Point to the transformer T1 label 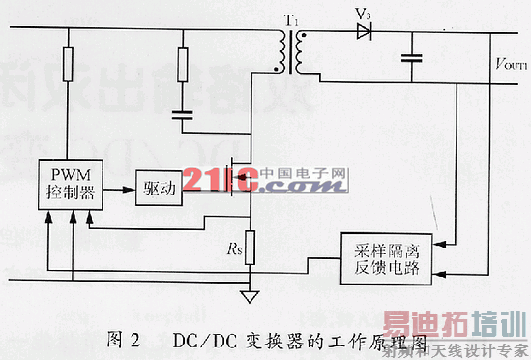click(289, 16)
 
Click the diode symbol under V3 click(364, 32)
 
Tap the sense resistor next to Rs click(250, 247)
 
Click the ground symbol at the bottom click(251, 296)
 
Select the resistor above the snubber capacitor click(183, 66)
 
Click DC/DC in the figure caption click(199, 340)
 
